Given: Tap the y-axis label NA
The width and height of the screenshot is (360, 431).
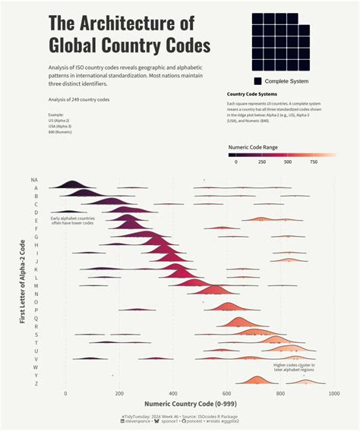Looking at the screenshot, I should pyautogui.click(x=34, y=181).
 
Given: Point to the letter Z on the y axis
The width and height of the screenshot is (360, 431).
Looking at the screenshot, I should pyautogui.click(x=36, y=383).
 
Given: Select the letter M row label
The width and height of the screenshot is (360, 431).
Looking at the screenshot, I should pyautogui.click(x=36, y=286).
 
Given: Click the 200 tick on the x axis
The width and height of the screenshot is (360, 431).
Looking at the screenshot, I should pyautogui.click(x=119, y=394).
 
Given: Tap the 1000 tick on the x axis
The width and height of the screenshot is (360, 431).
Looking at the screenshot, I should pyautogui.click(x=333, y=394).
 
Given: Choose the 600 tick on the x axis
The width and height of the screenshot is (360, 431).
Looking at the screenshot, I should pyautogui.click(x=226, y=394).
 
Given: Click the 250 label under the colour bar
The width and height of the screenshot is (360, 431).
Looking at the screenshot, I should pyautogui.click(x=262, y=162).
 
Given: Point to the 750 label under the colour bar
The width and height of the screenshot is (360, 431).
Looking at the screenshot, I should pyautogui.click(x=313, y=162).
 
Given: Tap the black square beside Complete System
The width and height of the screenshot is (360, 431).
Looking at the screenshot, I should pyautogui.click(x=257, y=81).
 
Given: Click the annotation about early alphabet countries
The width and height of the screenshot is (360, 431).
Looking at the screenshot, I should pyautogui.click(x=72, y=221).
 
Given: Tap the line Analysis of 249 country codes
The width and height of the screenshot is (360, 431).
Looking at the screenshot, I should pyautogui.click(x=79, y=99).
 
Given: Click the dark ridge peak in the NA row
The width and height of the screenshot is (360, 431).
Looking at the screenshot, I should pyautogui.click(x=73, y=183).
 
